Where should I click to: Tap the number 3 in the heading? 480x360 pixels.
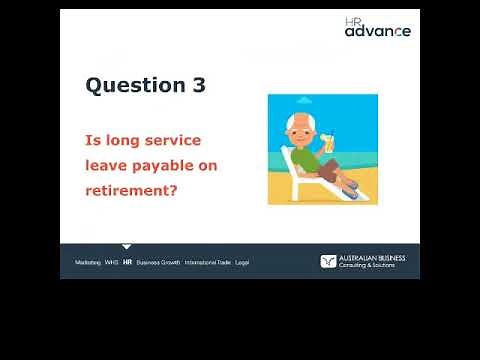click(x=198, y=86)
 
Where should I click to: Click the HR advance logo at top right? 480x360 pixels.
click(x=377, y=27)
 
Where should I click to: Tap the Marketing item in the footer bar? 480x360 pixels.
click(x=88, y=262)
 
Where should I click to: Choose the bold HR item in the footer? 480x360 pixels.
click(x=127, y=262)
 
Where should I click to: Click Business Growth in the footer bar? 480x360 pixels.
click(x=158, y=262)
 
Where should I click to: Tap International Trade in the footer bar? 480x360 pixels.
click(x=207, y=262)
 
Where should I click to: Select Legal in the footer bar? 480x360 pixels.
click(x=242, y=262)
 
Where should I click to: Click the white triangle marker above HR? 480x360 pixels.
click(x=127, y=246)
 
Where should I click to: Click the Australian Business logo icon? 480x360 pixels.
click(x=327, y=261)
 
